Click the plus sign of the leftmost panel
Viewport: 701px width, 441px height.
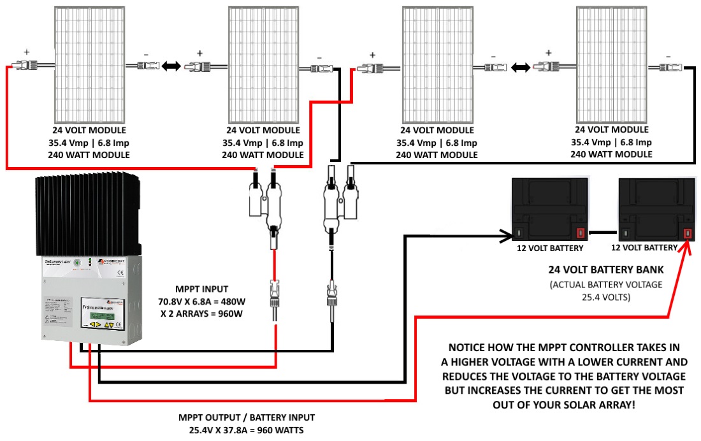[x=27, y=52]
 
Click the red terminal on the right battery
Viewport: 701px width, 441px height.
[x=688, y=233]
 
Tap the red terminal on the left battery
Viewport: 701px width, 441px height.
[x=580, y=233]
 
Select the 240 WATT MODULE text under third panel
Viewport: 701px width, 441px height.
[x=437, y=154]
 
